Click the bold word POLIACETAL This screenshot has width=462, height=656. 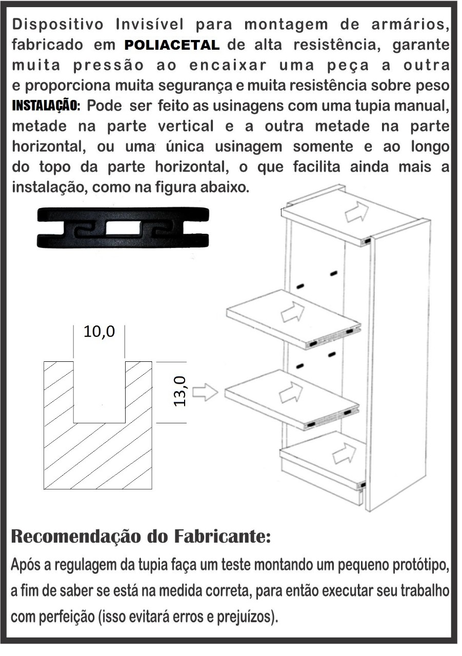172,45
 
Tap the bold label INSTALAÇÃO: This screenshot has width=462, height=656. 46,106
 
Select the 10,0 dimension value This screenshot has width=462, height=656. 99,332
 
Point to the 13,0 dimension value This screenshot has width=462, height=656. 180,392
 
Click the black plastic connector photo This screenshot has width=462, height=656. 123,228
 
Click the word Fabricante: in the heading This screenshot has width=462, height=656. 223,536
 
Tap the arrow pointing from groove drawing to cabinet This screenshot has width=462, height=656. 205,393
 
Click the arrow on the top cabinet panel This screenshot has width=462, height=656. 356,211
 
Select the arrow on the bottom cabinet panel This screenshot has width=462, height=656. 344,454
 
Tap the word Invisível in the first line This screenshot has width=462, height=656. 150,24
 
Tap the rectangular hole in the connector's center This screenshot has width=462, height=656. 123,228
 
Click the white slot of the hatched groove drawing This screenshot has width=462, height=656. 99,392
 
